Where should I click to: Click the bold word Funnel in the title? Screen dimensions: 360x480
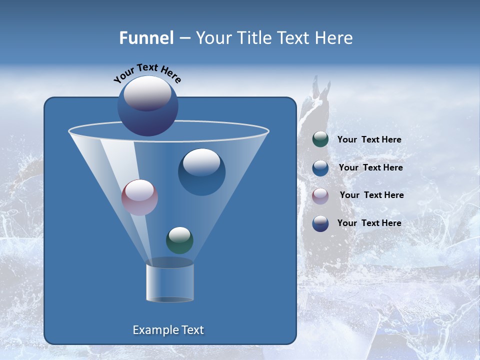(x=146, y=38)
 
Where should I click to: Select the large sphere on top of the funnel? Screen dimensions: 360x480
(x=147, y=106)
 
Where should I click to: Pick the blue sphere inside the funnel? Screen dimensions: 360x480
(x=201, y=172)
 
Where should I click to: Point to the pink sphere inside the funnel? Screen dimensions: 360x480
(x=139, y=197)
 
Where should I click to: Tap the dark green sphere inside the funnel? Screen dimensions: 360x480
(x=179, y=240)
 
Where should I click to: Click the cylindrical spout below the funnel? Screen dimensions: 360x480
(x=170, y=282)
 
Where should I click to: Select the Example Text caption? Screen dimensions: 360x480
(x=168, y=330)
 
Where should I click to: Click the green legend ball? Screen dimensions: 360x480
(x=320, y=139)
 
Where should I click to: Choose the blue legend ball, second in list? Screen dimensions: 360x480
(x=320, y=168)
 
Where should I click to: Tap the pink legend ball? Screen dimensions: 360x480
(x=320, y=195)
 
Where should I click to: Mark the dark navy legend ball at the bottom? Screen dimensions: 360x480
(x=320, y=223)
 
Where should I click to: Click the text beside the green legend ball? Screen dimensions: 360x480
(x=369, y=140)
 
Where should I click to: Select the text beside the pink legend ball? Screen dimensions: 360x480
(x=371, y=195)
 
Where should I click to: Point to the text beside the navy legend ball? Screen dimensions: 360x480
(x=369, y=223)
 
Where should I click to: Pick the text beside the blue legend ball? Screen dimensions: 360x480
(x=370, y=168)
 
